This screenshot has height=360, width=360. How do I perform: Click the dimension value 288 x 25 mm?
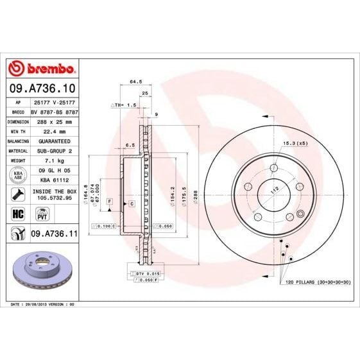point(54,121)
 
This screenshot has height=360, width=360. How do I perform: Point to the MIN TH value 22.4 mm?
point(54,130)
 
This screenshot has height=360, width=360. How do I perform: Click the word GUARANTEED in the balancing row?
point(54,139)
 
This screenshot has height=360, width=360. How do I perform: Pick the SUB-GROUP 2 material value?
point(54,149)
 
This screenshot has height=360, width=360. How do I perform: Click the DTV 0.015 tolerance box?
point(146,274)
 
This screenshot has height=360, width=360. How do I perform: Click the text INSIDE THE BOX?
point(54,191)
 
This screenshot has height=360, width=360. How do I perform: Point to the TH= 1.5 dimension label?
point(127,104)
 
